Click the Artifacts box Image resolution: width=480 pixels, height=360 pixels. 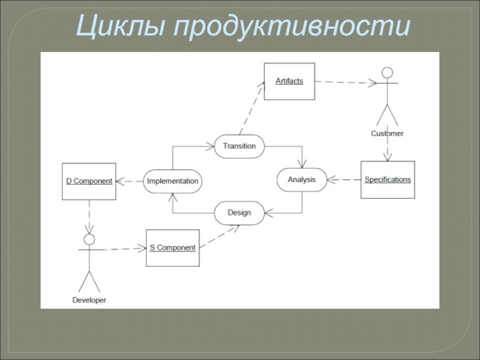point(289,81)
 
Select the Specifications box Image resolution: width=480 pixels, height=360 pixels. point(388,179)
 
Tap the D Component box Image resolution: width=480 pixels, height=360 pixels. point(89,181)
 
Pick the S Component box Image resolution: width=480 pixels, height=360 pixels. point(172,248)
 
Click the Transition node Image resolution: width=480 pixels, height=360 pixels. point(239,146)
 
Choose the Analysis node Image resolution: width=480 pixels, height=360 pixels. point(301,179)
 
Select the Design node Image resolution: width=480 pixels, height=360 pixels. point(239,212)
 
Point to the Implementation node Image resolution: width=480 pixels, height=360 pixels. point(172,181)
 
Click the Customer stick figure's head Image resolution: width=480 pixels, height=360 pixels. point(388,73)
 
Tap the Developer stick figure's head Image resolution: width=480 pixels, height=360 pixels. point(89,240)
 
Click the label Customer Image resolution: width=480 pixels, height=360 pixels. point(387,133)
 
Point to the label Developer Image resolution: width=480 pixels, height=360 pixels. point(89,299)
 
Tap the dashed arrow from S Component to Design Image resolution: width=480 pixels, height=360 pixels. point(219,236)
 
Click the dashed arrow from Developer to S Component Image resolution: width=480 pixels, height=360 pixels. point(120,249)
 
